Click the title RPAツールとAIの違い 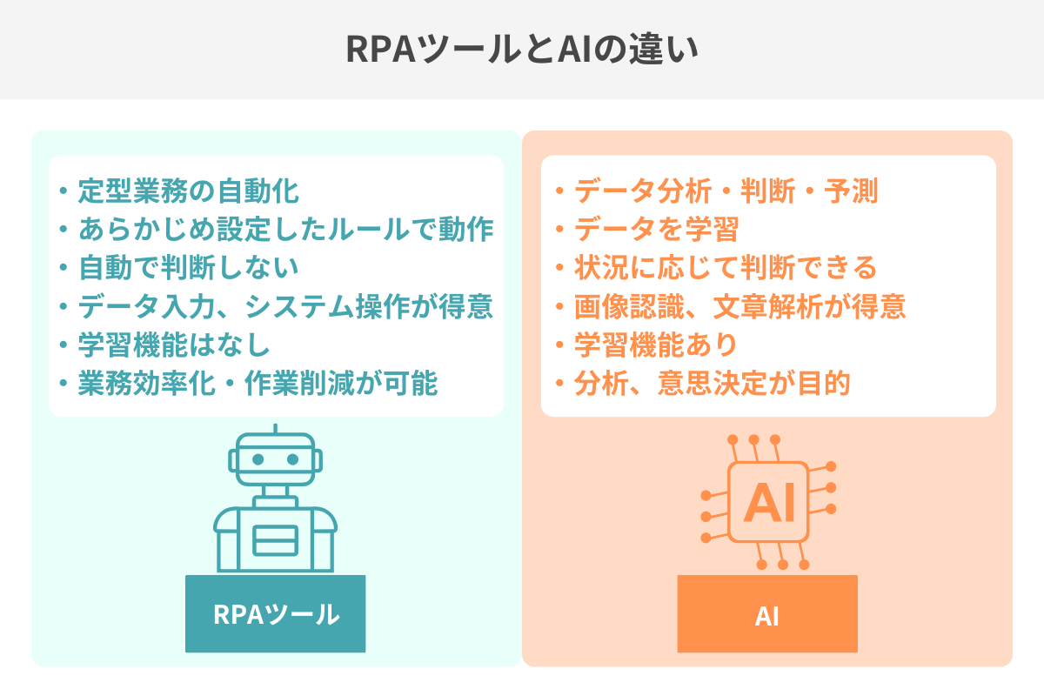point(522,50)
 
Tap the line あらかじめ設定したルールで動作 point(285,229)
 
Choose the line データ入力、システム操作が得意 point(285,306)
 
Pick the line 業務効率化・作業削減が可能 point(258,384)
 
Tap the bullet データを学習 point(656,230)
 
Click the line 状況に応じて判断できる point(726,268)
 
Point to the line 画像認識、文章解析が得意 point(739,306)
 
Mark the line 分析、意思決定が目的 point(712,384)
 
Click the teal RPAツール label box point(275,614)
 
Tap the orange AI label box point(767,614)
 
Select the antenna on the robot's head point(275,431)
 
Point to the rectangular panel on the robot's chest point(275,541)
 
